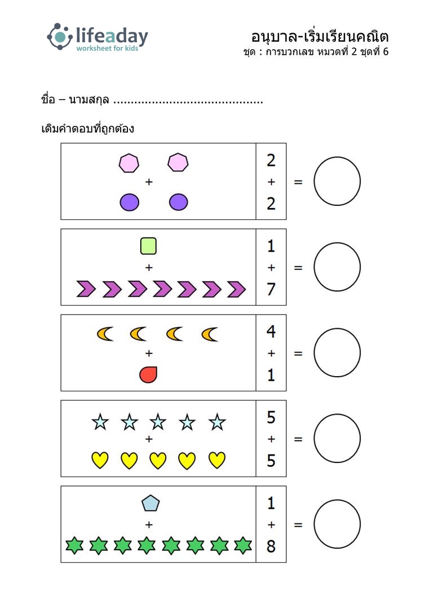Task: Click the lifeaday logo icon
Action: tap(59, 37)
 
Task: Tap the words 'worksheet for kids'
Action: tap(107, 48)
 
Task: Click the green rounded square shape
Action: tap(148, 246)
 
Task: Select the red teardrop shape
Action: tap(148, 374)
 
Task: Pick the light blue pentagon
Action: tap(150, 503)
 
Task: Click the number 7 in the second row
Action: tap(271, 289)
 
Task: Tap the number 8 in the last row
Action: tap(271, 546)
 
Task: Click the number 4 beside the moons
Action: tap(271, 332)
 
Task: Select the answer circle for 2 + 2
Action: tap(337, 182)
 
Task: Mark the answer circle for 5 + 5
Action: tap(337, 439)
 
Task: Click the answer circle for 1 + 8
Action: tap(337, 524)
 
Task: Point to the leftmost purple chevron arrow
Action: tap(86, 289)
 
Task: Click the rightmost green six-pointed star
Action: tap(243, 545)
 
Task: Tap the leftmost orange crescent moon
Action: tap(104, 334)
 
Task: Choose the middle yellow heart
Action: tap(158, 460)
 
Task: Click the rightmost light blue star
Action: tap(217, 422)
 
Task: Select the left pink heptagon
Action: tap(129, 163)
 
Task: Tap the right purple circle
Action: tap(179, 202)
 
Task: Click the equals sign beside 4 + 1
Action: tap(298, 354)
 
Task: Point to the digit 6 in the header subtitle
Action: tap(385, 52)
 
